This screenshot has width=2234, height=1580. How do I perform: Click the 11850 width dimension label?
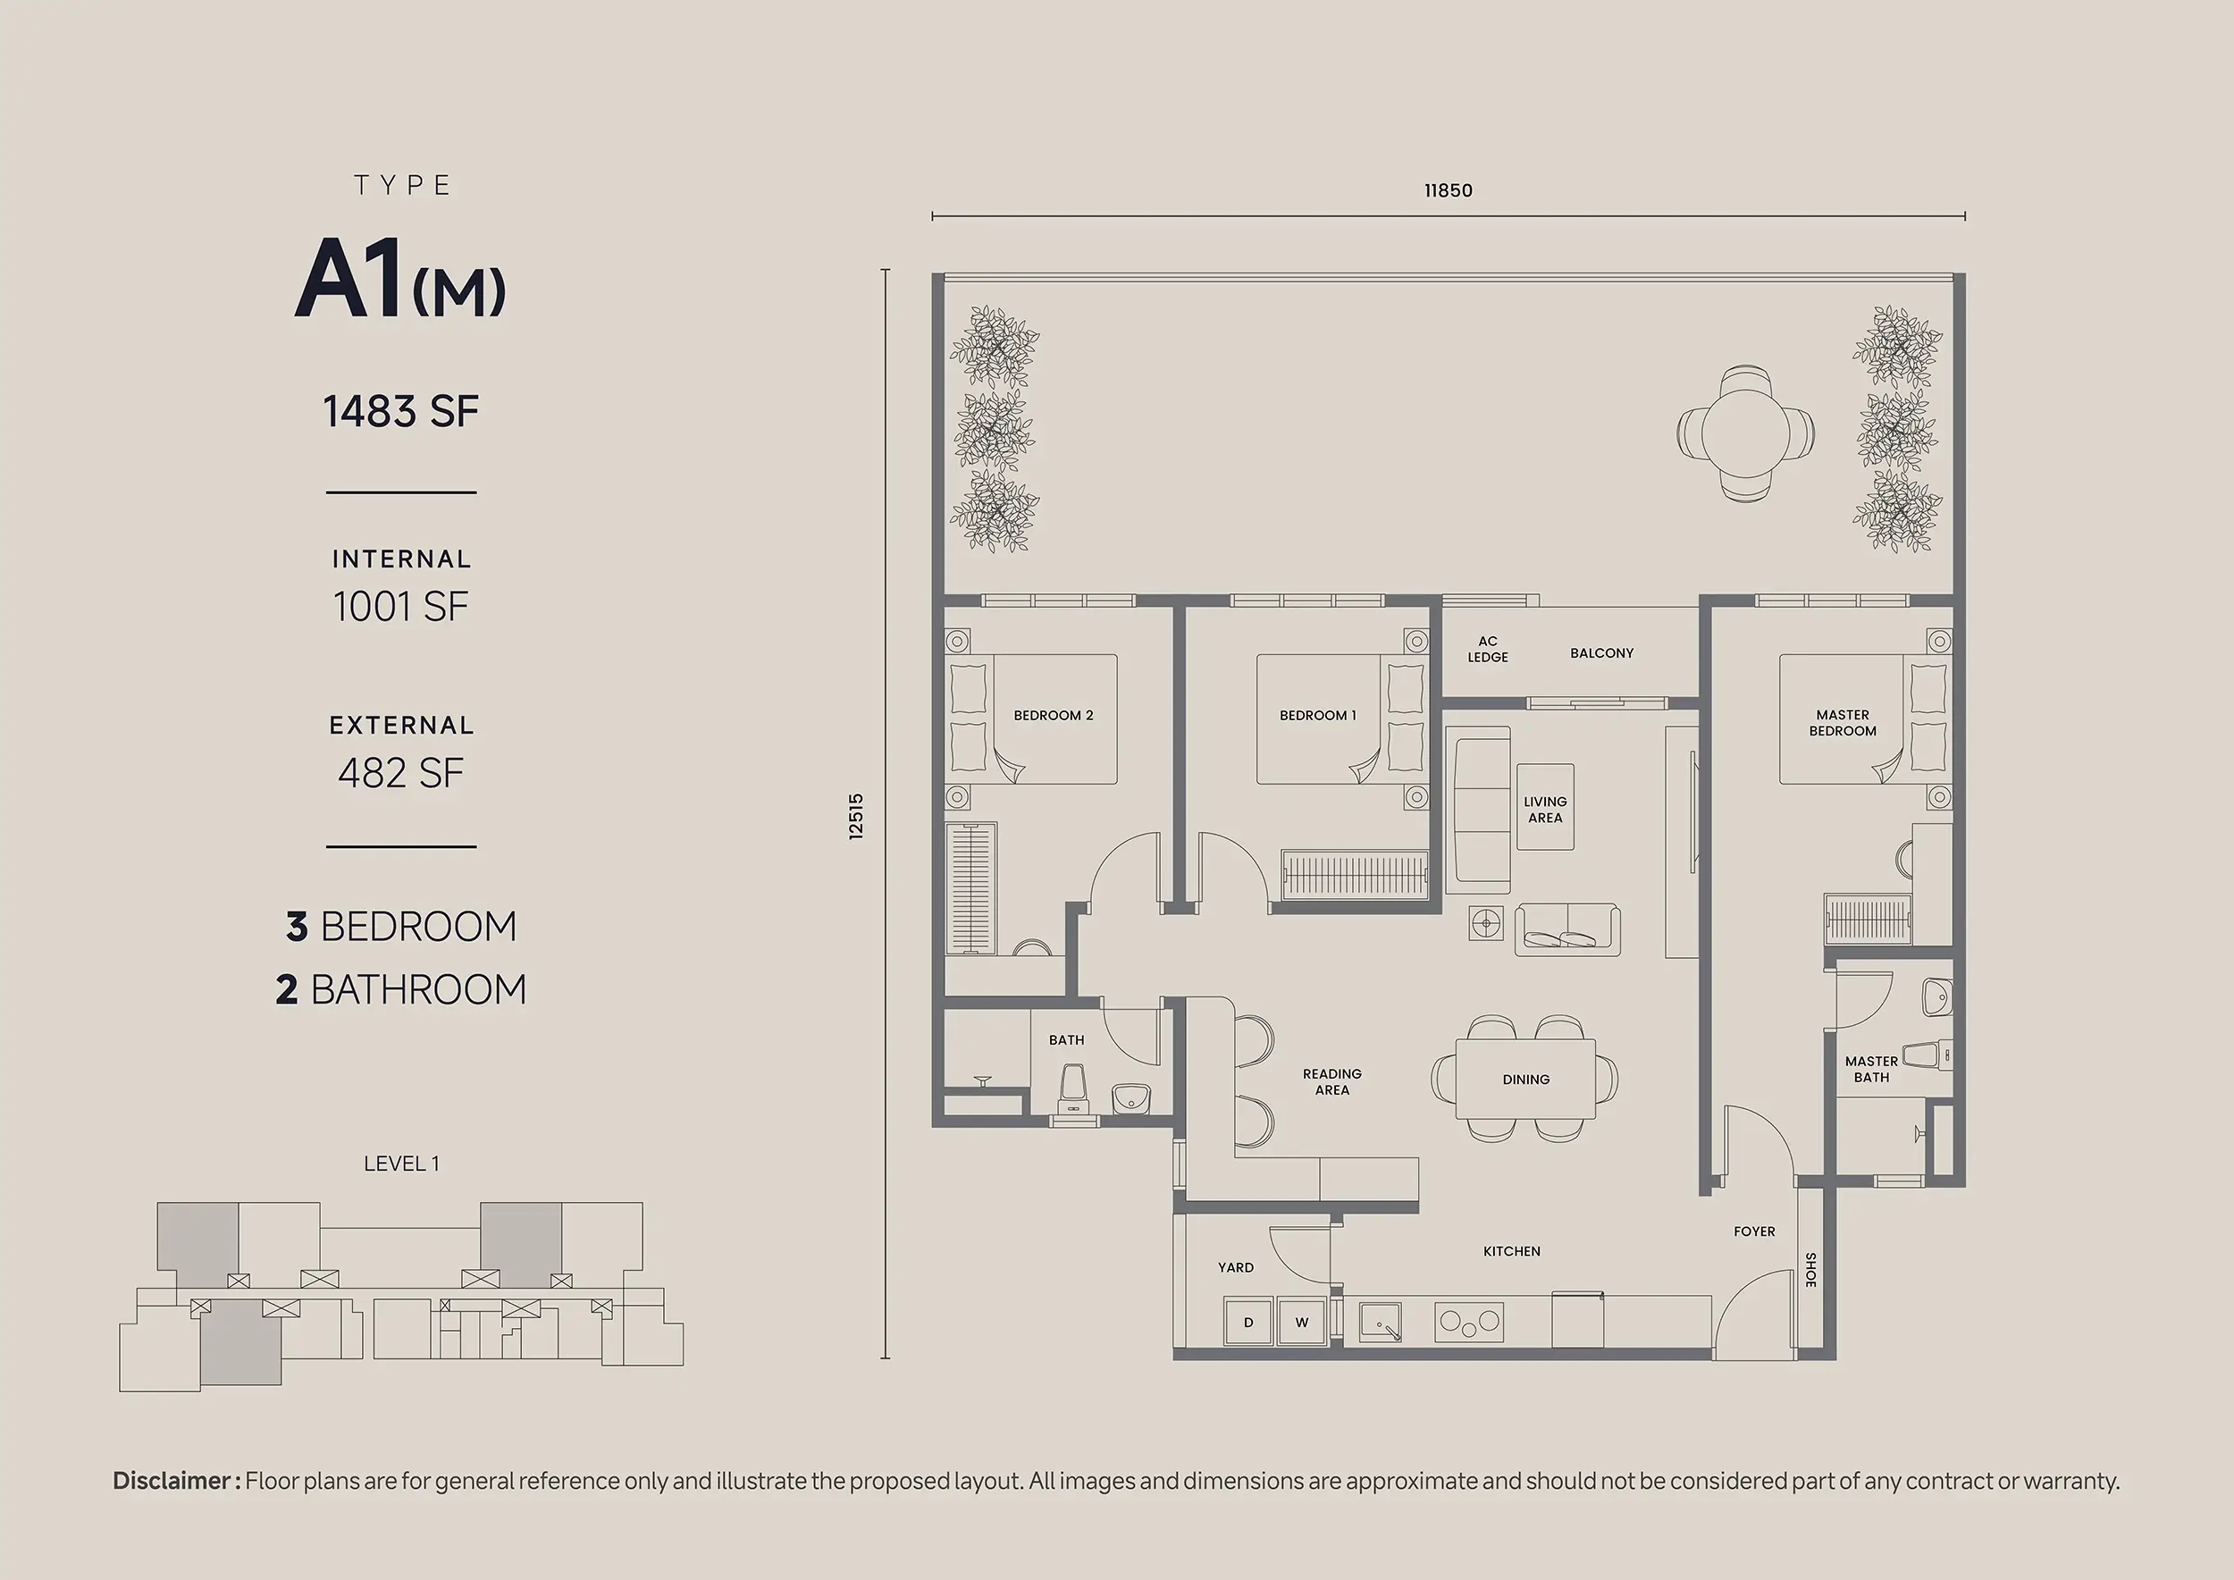1448,190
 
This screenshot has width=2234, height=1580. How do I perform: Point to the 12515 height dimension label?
856,816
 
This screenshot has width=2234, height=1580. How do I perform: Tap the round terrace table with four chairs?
1745,434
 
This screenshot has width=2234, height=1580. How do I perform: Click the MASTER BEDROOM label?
1843,723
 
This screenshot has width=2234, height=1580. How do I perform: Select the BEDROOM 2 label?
1054,715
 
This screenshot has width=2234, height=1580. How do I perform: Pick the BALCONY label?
1601,652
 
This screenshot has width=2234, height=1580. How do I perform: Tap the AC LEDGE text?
1488,649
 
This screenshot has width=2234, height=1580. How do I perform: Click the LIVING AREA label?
1545,810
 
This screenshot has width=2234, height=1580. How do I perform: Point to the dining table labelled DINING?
1525,1079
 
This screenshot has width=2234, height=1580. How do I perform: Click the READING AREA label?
1332,1082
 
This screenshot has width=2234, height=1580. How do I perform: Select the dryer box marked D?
1248,1323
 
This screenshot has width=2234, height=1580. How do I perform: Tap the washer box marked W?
1302,1323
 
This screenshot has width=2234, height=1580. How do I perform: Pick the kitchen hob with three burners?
1469,1324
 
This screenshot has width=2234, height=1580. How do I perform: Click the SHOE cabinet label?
1810,1270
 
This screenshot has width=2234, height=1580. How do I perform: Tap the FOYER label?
1754,1231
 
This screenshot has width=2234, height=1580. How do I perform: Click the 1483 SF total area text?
401,412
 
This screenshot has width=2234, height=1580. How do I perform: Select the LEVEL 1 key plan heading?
401,1164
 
